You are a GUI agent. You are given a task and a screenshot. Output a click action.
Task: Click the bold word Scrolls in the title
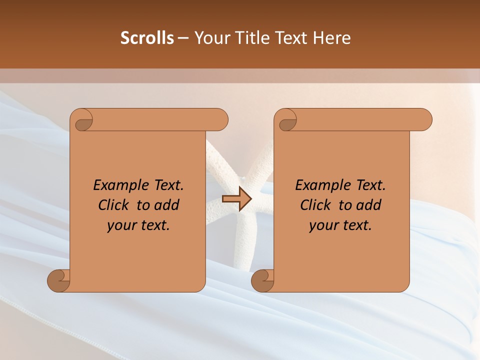(x=147, y=37)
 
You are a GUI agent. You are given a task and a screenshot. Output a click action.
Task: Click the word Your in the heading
(x=208, y=37)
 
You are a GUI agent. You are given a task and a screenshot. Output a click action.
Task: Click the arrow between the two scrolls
(x=236, y=199)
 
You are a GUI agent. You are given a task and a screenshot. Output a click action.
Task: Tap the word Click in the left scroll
(x=113, y=205)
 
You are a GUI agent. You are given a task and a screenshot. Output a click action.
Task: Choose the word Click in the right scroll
(x=315, y=205)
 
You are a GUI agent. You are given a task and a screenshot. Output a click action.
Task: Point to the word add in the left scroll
(x=167, y=205)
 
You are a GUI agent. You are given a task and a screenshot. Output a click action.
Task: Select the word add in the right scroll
(x=369, y=205)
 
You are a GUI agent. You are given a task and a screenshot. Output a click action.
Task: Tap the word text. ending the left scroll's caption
(x=153, y=225)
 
